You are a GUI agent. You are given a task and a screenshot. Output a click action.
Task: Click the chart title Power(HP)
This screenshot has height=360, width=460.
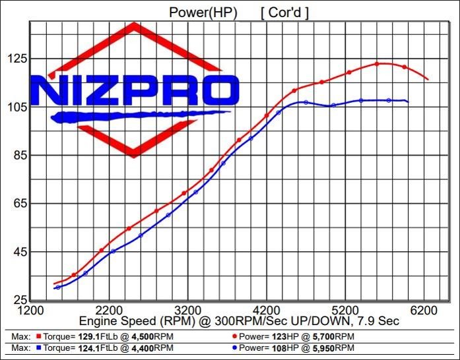point(199,12)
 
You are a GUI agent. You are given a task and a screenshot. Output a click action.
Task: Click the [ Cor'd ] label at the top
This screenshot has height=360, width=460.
point(284,12)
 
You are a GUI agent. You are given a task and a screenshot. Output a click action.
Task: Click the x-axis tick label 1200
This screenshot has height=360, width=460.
point(30,311)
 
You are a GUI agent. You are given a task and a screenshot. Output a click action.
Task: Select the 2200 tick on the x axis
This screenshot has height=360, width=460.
point(109,311)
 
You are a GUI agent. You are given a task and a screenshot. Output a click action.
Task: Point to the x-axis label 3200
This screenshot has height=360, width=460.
point(188,311)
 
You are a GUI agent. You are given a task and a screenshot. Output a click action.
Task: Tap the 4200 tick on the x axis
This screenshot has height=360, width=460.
point(267,311)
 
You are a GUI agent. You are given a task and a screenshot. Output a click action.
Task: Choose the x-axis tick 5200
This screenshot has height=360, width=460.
point(346,311)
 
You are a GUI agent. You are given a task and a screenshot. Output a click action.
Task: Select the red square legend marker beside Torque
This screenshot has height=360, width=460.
point(39,336)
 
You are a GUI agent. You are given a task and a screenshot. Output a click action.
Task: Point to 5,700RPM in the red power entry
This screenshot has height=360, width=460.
point(337,336)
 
